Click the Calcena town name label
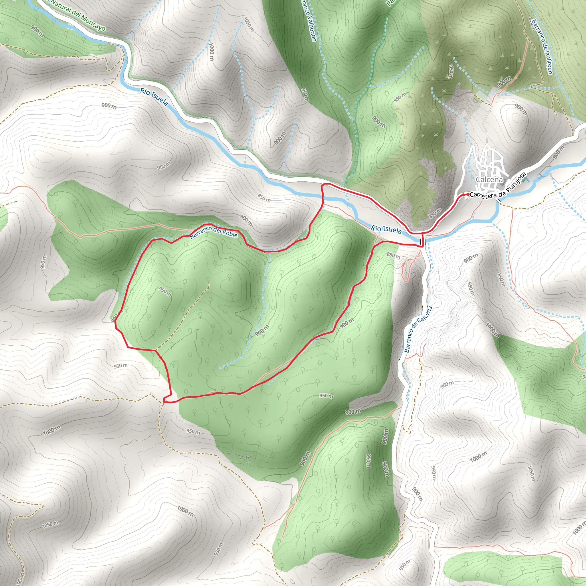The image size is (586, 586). click(x=489, y=180)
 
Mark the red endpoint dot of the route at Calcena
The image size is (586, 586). click(x=468, y=194)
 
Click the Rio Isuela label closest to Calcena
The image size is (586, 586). click(x=386, y=229)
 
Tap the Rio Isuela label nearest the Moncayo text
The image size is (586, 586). click(x=154, y=97)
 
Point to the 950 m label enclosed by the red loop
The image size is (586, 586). click(x=165, y=292)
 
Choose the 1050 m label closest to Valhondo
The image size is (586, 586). click(x=249, y=24)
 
